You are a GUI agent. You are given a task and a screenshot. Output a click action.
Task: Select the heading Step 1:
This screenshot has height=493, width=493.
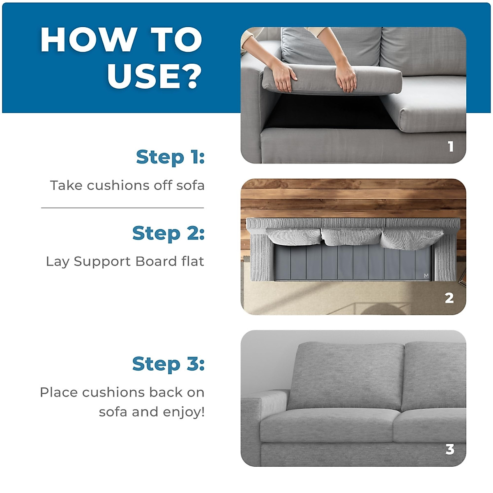pyautogui.click(x=170, y=157)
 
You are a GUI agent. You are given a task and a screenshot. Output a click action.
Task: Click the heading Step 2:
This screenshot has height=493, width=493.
pyautogui.click(x=168, y=233)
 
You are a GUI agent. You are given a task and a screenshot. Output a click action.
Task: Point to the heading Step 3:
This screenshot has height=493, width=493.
pyautogui.click(x=168, y=364)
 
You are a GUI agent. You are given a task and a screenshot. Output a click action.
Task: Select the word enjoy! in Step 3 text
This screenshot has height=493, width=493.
pyautogui.click(x=184, y=412)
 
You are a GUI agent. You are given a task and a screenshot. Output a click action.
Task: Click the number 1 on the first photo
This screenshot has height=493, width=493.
pyautogui.click(x=451, y=146)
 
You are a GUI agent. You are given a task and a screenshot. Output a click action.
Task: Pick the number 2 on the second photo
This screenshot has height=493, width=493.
pyautogui.click(x=449, y=298)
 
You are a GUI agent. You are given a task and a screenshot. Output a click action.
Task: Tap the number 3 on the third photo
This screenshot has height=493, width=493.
pyautogui.click(x=450, y=449)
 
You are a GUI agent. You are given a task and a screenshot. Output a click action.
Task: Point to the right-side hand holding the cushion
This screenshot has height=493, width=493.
pyautogui.click(x=345, y=78)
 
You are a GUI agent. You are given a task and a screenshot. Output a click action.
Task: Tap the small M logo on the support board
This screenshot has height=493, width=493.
pyautogui.click(x=426, y=276)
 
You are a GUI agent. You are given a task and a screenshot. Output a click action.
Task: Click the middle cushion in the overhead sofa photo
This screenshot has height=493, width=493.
pyautogui.click(x=351, y=236)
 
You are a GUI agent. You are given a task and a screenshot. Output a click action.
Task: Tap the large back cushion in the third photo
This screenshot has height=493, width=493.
pyautogui.click(x=345, y=376)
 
